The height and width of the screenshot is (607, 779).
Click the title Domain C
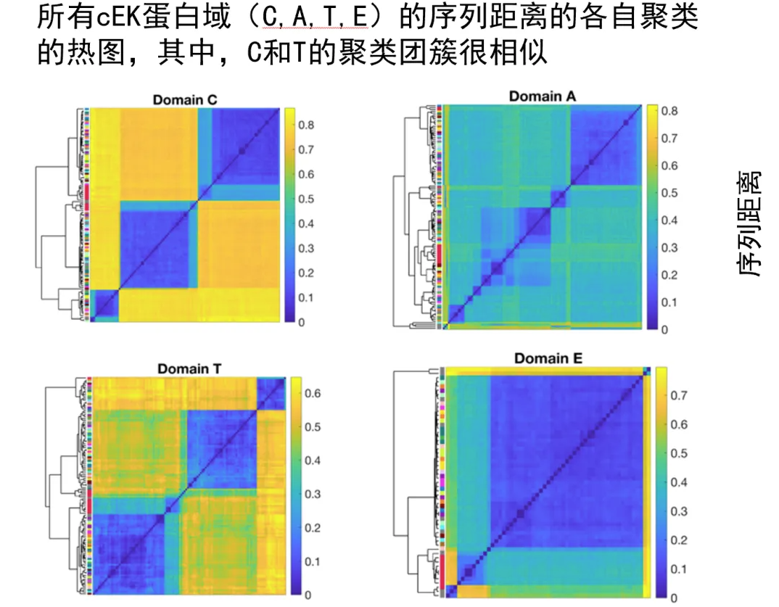click(184, 99)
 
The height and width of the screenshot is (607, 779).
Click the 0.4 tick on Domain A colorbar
click(670, 220)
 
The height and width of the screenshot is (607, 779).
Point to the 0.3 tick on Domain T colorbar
click(313, 494)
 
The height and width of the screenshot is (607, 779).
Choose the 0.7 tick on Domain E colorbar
click(678, 396)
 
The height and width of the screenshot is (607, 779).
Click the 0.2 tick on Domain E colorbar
click(678, 540)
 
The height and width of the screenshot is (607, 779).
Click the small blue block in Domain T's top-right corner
click(271, 392)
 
